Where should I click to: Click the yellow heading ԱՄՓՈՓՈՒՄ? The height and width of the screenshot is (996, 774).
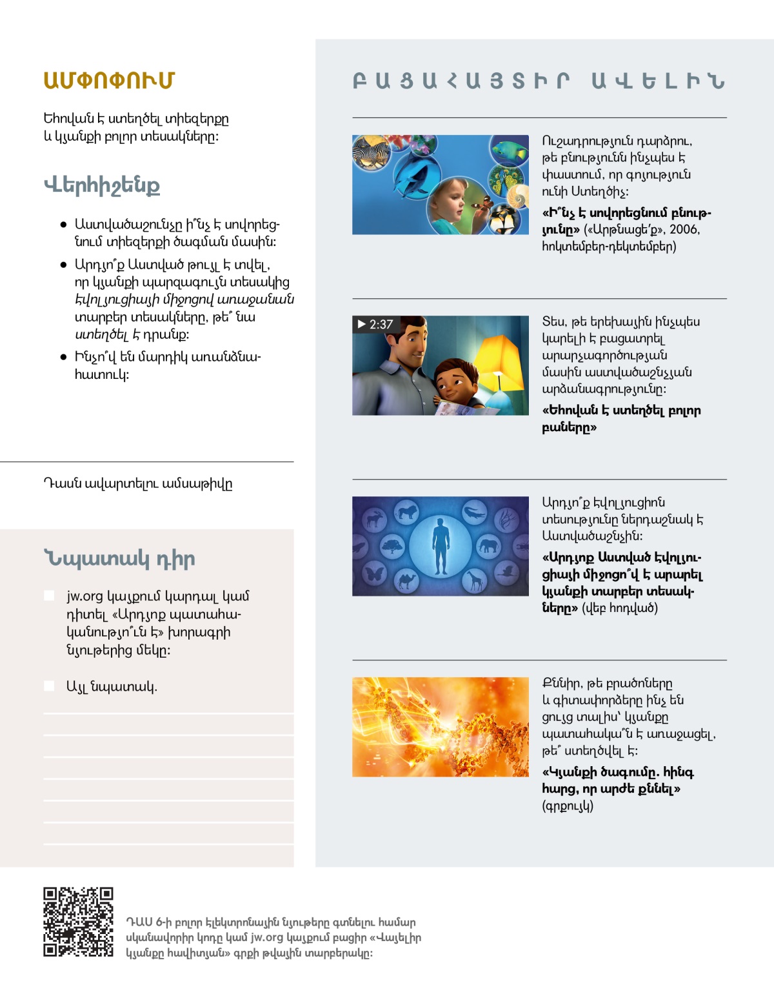coord(109,81)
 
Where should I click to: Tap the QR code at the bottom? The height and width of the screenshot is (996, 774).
coord(78,922)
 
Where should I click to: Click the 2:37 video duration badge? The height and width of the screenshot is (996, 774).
coord(375,324)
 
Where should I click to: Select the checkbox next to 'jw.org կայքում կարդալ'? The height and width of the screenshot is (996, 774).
coord(49,595)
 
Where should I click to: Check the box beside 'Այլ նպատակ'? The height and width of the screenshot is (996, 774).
coord(49,686)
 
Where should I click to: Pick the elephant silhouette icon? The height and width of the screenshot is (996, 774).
coord(488,545)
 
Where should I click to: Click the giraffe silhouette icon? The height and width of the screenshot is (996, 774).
coord(475,581)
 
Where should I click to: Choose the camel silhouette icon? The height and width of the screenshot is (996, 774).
coord(406,580)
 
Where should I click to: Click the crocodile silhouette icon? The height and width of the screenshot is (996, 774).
coord(475,513)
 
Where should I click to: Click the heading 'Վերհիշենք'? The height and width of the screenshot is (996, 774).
coord(102,185)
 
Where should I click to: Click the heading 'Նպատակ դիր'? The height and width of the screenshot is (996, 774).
coord(119,558)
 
